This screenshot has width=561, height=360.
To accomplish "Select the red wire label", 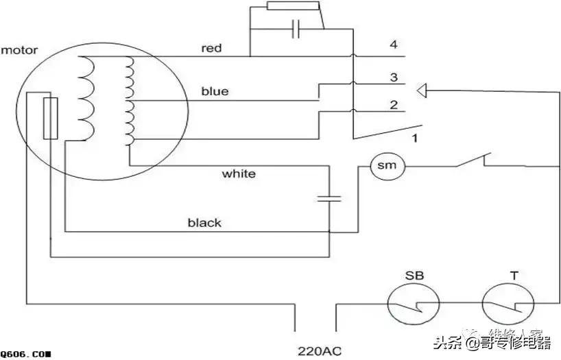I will point(212,48).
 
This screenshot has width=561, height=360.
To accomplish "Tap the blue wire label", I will point(215,91).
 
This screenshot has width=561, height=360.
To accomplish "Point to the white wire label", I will point(239,173).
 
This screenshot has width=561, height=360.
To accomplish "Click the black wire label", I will point(204,223).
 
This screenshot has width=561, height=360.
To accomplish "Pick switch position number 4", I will point(394,45).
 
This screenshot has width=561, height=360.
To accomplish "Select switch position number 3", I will point(394,77).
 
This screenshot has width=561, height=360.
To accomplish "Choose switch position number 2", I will point(394,105).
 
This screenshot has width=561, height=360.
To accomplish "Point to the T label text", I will point(513,276).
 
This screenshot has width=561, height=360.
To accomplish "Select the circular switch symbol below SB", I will point(414,307).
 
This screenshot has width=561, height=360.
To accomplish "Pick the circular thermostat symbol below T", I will point(508,307).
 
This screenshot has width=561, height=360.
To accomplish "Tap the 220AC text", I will point(320,352).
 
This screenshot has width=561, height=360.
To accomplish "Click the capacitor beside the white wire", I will point(329,198).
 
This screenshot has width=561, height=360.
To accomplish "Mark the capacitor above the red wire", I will point(296,29).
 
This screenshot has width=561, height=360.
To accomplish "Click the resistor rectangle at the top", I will point(293,6).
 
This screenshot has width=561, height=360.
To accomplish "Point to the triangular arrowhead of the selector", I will point(423,90).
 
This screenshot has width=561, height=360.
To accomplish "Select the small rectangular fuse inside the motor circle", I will point(50,118).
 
